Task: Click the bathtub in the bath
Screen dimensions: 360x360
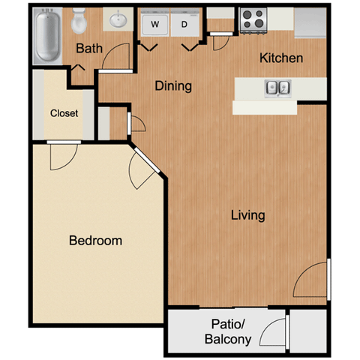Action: [47, 36]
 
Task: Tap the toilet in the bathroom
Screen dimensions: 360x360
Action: [79, 20]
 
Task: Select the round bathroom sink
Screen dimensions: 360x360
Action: [118, 20]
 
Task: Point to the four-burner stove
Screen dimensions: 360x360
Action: [253, 20]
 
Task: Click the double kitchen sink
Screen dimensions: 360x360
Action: [278, 88]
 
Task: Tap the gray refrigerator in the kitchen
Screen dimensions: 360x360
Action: [310, 23]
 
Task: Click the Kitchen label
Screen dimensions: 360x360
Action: [281, 58]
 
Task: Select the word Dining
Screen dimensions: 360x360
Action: [173, 86]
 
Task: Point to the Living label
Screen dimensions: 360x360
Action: [247, 215]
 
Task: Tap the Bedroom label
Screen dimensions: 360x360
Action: [95, 241]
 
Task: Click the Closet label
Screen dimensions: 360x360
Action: [64, 113]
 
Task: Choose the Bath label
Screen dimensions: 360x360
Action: [89, 48]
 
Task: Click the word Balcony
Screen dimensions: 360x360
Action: [228, 340]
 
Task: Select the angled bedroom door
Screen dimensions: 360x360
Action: [147, 160]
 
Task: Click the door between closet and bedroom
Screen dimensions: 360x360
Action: [64, 142]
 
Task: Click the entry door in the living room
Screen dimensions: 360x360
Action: [328, 279]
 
